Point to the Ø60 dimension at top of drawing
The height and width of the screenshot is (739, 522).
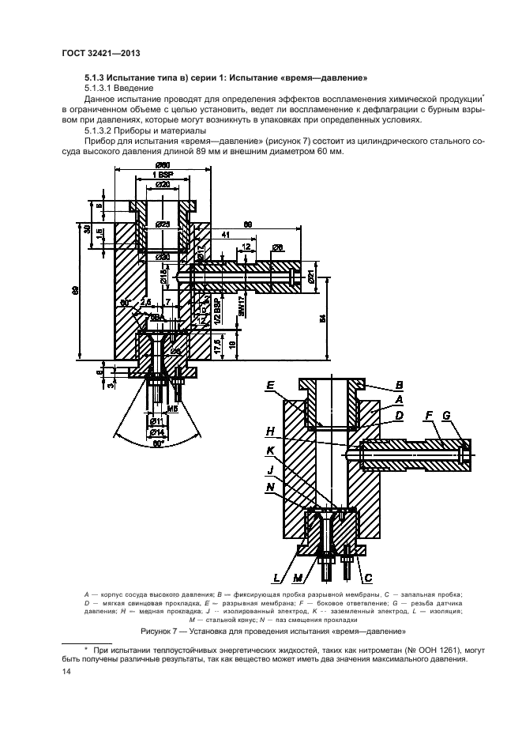point(163,164)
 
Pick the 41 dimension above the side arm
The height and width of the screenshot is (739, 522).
point(225,235)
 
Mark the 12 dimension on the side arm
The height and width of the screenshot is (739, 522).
point(247,247)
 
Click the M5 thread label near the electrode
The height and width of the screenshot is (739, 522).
point(171,410)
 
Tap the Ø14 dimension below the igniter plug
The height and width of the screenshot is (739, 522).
point(157,432)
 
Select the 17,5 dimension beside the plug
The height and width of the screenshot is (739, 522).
point(217,345)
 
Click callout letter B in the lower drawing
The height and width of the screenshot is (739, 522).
point(399,385)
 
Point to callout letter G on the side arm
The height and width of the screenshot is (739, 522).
point(447,414)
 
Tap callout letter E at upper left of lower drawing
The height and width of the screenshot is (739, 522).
point(270,386)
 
